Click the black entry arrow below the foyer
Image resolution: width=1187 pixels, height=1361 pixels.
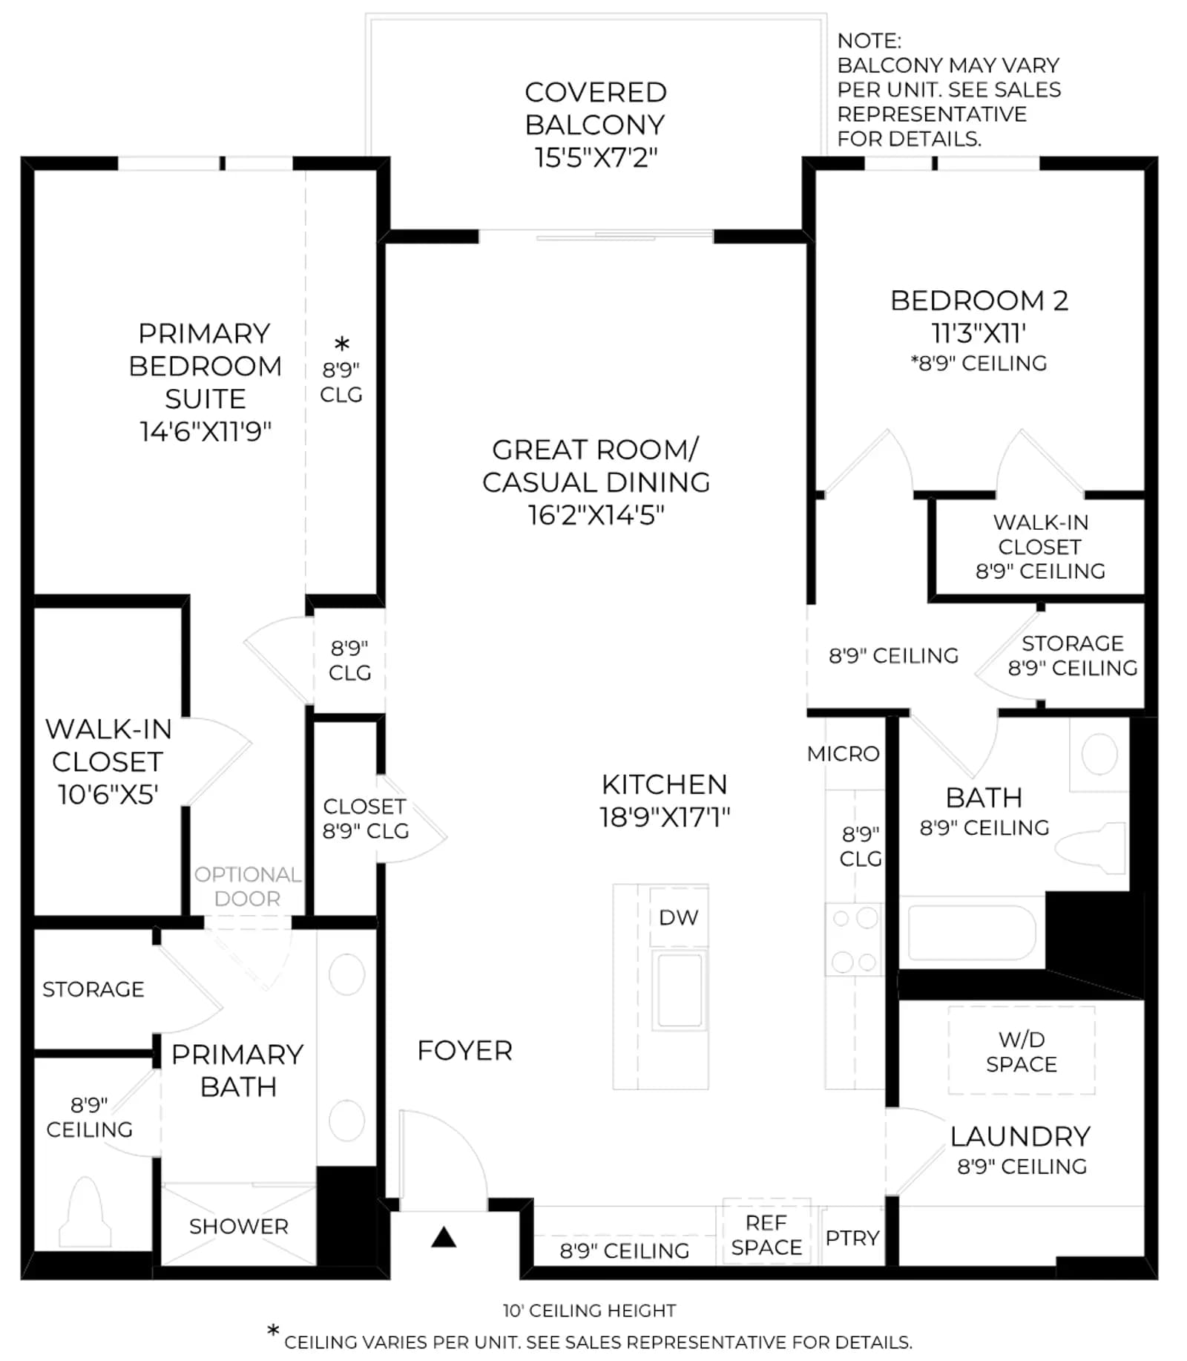click(x=444, y=1237)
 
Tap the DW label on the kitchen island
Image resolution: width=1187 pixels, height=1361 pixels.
click(x=678, y=917)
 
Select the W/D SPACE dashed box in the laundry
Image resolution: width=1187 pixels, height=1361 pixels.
click(x=1022, y=1050)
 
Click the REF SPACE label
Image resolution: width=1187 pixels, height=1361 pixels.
click(x=766, y=1235)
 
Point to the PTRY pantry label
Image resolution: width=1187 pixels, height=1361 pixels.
click(x=852, y=1238)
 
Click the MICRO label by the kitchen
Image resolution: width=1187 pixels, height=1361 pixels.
click(x=843, y=754)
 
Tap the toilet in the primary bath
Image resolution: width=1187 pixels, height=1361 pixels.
click(x=85, y=1212)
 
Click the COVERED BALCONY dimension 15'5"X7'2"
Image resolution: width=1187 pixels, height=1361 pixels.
click(x=596, y=158)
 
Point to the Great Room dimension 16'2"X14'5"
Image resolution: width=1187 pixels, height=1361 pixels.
click(x=596, y=515)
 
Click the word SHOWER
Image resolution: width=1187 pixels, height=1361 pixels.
click(x=238, y=1227)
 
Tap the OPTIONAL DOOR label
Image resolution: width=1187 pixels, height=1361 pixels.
click(x=247, y=886)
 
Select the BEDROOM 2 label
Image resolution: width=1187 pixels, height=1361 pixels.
click(x=979, y=301)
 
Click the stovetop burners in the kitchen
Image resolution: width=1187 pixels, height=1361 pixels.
click(x=854, y=939)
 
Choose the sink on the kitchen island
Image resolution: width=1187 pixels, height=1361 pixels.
click(x=680, y=989)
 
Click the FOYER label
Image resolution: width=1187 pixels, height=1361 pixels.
click(x=464, y=1051)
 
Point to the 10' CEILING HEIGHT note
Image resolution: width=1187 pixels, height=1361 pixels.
click(x=590, y=1311)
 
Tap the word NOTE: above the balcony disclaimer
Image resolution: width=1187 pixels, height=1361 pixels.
click(x=869, y=41)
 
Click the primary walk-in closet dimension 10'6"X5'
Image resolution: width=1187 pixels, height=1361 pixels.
click(x=108, y=795)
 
